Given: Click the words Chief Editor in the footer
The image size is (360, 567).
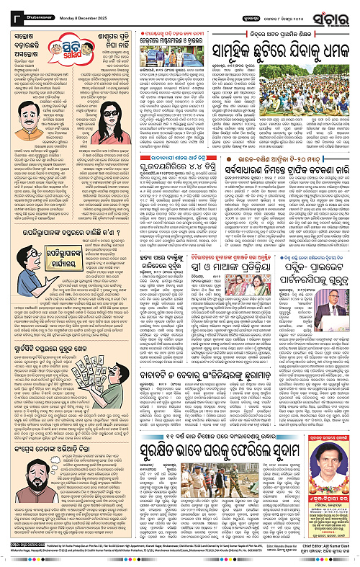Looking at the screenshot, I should click(x=310, y=555).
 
